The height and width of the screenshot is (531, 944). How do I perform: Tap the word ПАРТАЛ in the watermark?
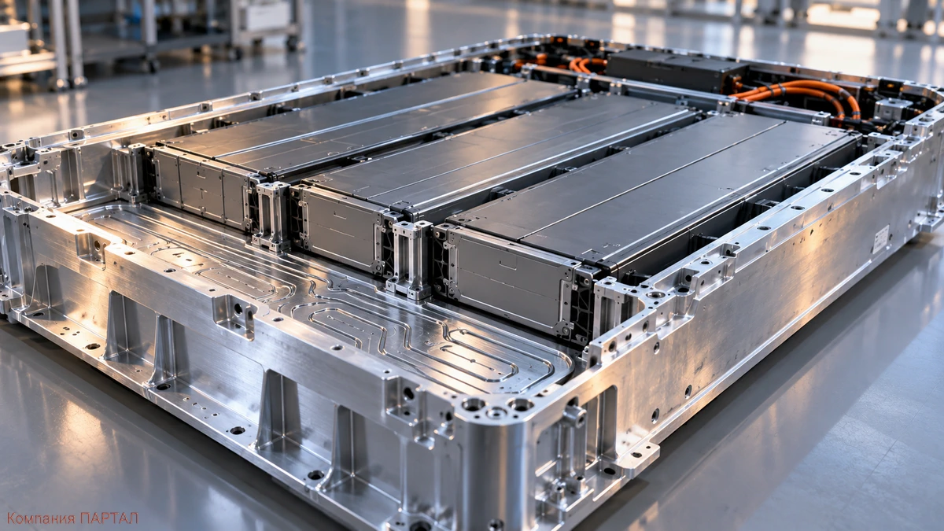click(109, 518)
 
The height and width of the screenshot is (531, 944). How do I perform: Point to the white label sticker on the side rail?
click(880, 239)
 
